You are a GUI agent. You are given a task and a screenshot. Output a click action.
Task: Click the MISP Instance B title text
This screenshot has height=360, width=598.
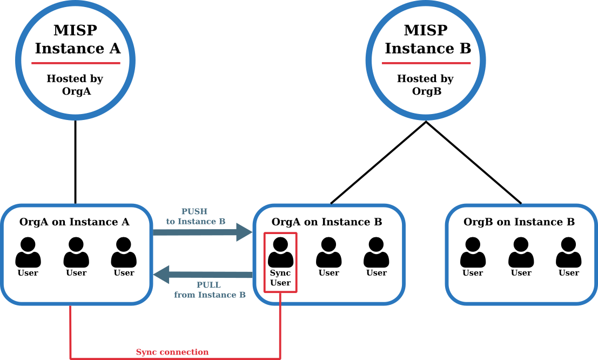(427, 39)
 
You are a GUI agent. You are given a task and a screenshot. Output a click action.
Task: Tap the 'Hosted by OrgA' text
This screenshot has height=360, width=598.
(75, 85)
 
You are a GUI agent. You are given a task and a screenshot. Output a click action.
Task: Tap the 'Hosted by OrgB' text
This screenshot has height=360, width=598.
(426, 85)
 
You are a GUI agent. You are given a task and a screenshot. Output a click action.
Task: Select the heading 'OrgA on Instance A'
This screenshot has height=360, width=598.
(75, 222)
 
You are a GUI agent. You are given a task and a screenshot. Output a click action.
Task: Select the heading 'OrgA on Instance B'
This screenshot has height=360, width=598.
(327, 222)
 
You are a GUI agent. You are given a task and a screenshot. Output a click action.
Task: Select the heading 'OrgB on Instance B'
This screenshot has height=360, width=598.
(519, 222)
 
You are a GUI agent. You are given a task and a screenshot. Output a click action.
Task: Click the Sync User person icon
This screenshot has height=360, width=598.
(280, 251)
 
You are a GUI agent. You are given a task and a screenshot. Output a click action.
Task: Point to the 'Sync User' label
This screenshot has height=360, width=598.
(280, 277)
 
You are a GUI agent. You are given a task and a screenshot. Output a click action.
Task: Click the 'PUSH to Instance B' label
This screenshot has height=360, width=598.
(194, 216)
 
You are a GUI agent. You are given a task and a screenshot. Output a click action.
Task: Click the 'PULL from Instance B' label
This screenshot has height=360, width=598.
(209, 290)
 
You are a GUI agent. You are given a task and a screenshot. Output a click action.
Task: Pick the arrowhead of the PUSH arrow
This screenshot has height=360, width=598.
(245, 233)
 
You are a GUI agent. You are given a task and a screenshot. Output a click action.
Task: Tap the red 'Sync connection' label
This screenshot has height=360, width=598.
(172, 352)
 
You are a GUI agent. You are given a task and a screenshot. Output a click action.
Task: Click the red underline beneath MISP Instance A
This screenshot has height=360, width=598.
(75, 63)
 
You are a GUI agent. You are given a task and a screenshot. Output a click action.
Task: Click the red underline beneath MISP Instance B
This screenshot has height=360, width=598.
(427, 63)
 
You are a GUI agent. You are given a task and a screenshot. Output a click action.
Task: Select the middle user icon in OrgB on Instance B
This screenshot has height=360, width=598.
(521, 252)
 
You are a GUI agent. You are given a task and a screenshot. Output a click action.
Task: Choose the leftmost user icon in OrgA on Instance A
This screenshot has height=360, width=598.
(28, 252)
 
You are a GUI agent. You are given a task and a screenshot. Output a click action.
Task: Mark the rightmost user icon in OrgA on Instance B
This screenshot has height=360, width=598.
(377, 252)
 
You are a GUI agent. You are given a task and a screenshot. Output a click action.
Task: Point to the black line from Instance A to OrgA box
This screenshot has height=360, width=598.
(75, 162)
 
